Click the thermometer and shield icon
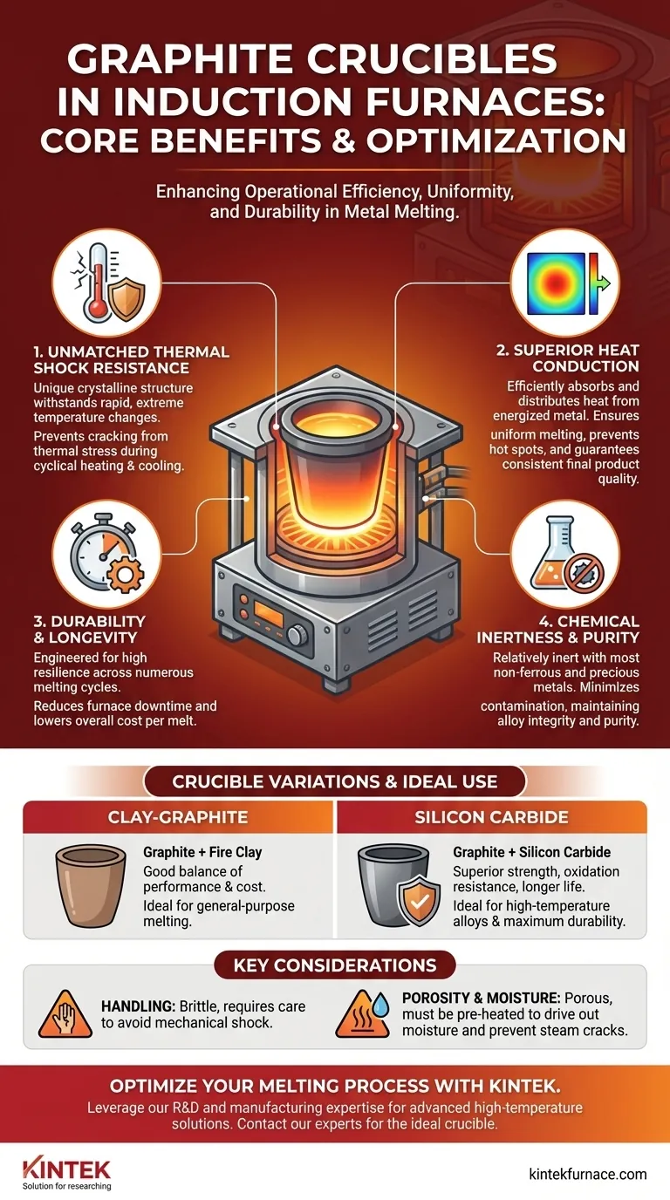pyautogui.click(x=107, y=283)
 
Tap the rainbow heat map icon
pyautogui.click(x=565, y=283)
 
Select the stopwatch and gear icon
pyautogui.click(x=107, y=554)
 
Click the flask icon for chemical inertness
pyautogui.click(x=565, y=554)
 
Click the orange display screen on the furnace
pyautogui.click(x=269, y=613)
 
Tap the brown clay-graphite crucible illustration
pyautogui.click(x=91, y=885)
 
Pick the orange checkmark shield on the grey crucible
pyautogui.click(x=419, y=901)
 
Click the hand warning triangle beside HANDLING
pyautogui.click(x=65, y=1014)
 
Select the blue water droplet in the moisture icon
pyautogui.click(x=380, y=1005)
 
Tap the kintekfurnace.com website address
pyautogui.click(x=587, y=1175)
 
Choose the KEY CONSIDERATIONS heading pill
pyautogui.click(x=335, y=965)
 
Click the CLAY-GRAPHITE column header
pyautogui.click(x=178, y=817)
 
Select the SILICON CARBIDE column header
pyautogui.click(x=491, y=817)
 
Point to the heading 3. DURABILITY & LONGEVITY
pyautogui.click(x=90, y=630)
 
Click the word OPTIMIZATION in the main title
pyautogui.click(x=496, y=141)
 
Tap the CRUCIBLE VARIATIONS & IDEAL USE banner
pyautogui.click(x=335, y=781)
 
